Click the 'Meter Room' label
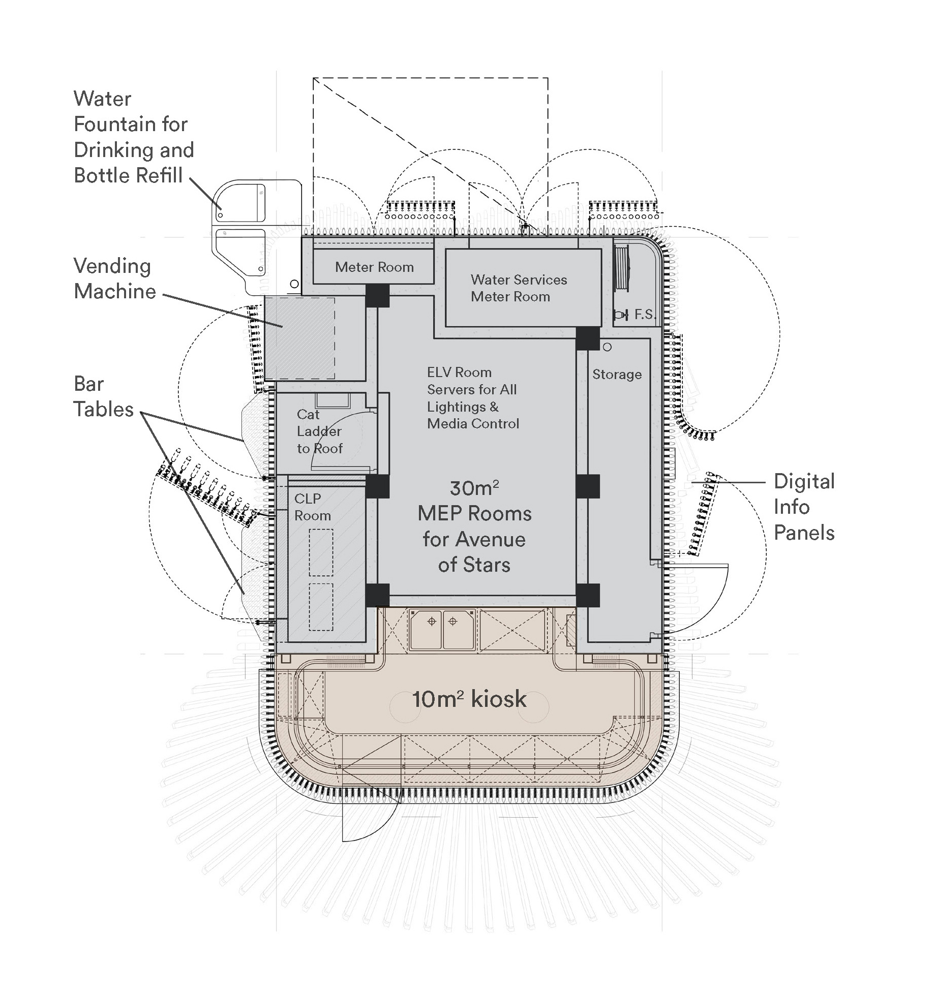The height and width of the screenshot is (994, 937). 374,267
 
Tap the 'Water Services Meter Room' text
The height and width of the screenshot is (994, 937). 518,288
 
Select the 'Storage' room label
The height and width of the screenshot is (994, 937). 617,375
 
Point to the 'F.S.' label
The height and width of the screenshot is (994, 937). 645,315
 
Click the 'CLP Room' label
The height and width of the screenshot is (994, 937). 312,507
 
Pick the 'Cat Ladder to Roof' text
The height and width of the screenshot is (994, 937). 319,431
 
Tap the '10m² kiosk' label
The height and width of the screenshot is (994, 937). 469,699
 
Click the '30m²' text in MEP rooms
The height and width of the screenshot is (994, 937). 474,488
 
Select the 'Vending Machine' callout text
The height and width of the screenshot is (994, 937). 114,278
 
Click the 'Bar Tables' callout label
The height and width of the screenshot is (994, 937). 103,396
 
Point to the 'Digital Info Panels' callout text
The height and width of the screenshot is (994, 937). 804,507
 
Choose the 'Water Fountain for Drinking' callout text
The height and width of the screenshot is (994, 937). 133,137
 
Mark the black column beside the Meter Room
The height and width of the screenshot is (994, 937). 377,295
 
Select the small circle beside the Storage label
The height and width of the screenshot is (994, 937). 607,347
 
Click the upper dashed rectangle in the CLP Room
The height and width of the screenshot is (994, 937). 321,552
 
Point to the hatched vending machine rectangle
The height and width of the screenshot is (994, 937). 299,338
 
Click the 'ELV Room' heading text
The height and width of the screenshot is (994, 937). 459,372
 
